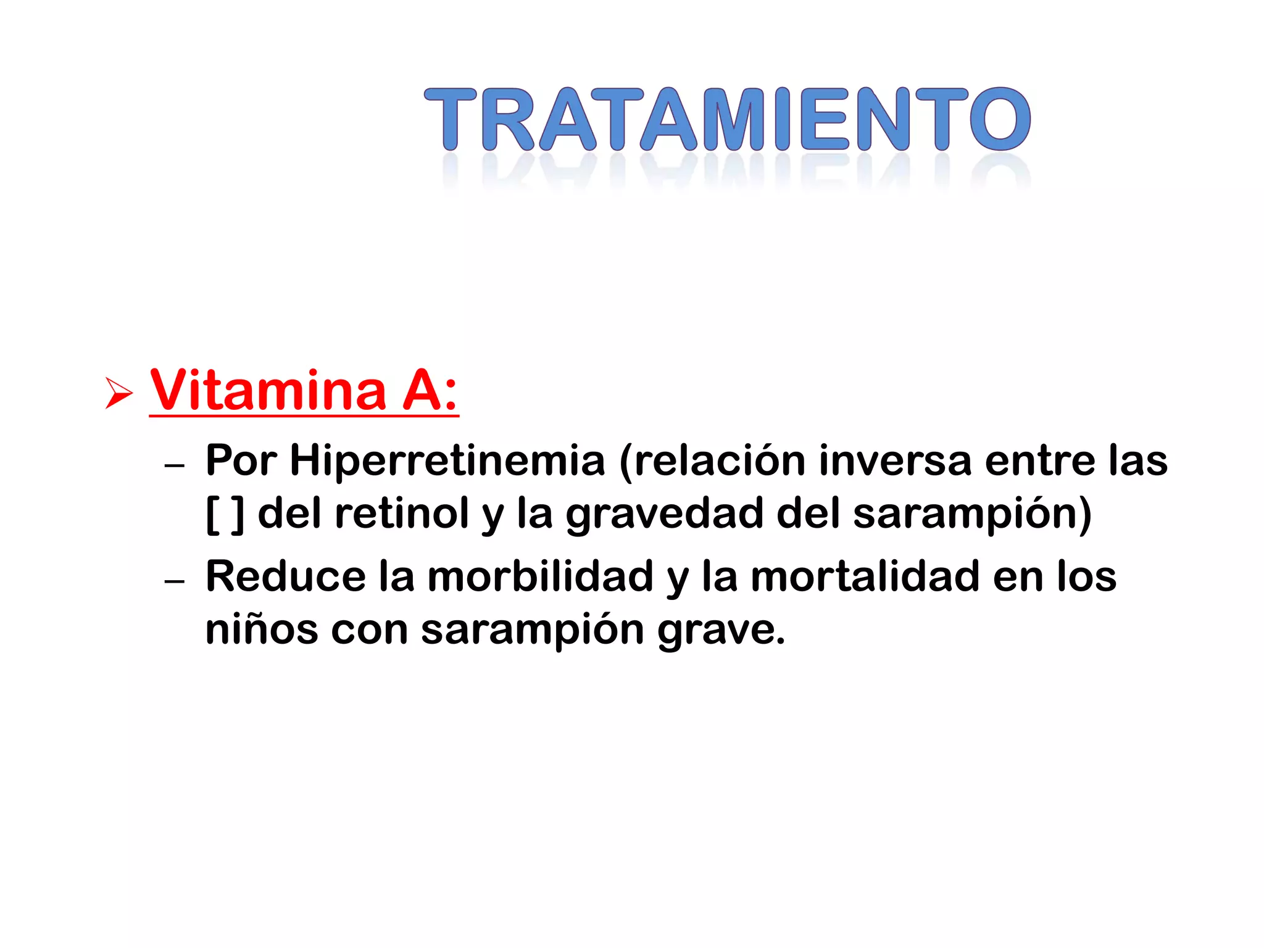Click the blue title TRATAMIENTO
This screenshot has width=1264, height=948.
727,119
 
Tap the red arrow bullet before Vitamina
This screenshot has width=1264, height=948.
118,393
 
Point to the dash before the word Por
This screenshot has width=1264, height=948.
175,465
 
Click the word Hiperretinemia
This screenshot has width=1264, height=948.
447,461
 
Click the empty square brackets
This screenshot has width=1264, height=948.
225,513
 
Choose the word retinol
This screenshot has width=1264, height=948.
402,513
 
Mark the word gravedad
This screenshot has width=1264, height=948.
664,515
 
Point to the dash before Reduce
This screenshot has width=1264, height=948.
175,581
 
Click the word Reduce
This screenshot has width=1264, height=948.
286,576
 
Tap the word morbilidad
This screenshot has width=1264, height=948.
540,576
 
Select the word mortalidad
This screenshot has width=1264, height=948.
865,576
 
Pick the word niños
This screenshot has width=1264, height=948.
261,630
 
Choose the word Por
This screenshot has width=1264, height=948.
241,461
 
